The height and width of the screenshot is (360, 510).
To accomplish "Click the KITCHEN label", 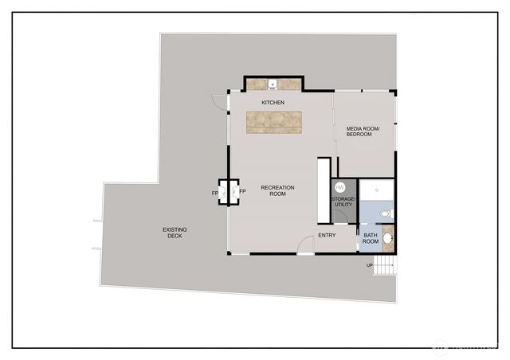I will click(x=273, y=103).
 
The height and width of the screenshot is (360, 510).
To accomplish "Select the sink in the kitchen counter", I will click(x=273, y=83).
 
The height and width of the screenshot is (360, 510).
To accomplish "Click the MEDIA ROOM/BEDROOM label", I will click(x=363, y=131).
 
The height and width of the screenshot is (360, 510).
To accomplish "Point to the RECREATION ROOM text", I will click(x=278, y=190).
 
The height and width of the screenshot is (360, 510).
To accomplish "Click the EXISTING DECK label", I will click(x=175, y=233).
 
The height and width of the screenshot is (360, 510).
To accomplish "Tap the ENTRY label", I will click(x=327, y=235).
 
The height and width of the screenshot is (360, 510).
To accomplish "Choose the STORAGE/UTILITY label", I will click(x=343, y=202).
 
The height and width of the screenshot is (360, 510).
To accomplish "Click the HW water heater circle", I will click(x=340, y=188).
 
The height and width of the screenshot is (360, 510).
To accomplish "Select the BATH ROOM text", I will click(x=371, y=237).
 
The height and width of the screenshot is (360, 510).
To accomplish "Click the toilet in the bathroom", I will click(x=386, y=213).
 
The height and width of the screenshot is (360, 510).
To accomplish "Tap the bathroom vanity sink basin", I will click(x=388, y=237).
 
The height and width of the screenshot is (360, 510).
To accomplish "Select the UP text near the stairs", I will click(x=369, y=265).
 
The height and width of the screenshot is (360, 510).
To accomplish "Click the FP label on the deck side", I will click(x=215, y=193).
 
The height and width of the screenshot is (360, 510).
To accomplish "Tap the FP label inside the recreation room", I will click(x=242, y=193).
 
